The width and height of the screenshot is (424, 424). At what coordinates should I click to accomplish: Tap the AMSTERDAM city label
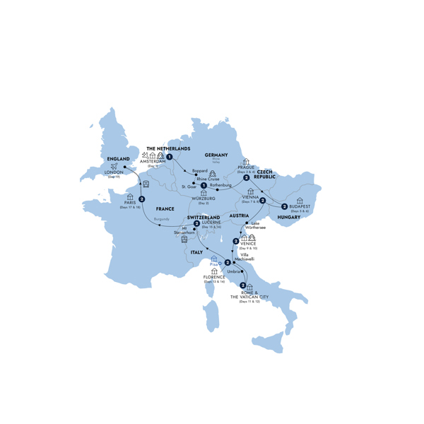(x=153, y=162)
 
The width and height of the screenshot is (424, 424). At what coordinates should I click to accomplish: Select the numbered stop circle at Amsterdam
(x=170, y=157)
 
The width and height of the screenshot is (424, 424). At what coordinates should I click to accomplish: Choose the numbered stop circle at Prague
(x=247, y=177)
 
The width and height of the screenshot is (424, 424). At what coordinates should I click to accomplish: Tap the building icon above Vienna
(x=251, y=192)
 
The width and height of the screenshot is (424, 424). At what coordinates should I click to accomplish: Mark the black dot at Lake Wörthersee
(x=246, y=223)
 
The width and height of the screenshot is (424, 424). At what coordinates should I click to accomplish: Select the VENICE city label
(x=248, y=245)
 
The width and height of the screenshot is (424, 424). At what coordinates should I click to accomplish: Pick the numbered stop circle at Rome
(x=243, y=285)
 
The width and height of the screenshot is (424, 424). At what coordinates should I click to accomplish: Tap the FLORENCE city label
(x=213, y=277)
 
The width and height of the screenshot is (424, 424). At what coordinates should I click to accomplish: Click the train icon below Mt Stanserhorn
(x=185, y=239)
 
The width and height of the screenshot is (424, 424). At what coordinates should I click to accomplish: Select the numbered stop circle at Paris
(x=142, y=199)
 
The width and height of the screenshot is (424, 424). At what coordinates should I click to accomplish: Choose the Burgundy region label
(x=161, y=220)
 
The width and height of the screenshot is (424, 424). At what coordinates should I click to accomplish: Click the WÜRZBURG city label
(x=204, y=199)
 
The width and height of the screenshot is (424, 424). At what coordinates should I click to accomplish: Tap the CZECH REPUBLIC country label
(x=266, y=173)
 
